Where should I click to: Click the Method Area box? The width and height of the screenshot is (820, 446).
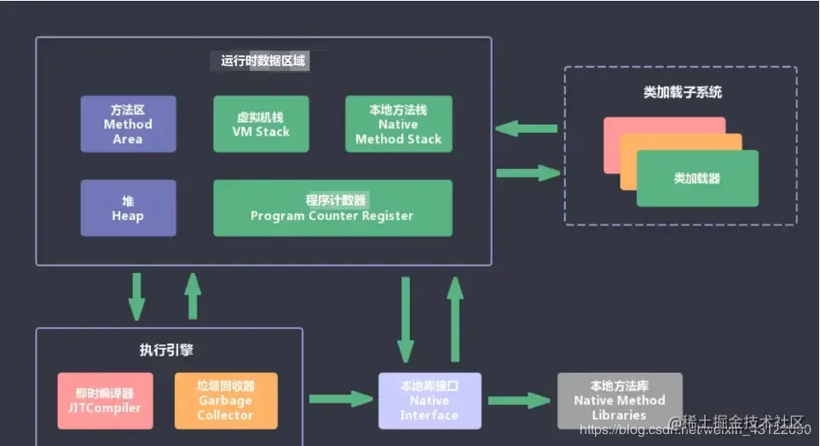pyautogui.click(x=128, y=124)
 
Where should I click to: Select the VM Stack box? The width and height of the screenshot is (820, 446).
pyautogui.click(x=261, y=124)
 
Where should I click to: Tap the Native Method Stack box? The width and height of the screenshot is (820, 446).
pyautogui.click(x=398, y=124)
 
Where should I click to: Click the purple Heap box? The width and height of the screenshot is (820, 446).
pyautogui.click(x=128, y=207)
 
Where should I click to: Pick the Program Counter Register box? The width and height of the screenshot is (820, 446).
pyautogui.click(x=332, y=207)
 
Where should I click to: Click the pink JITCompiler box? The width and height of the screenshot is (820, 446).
pyautogui.click(x=105, y=400)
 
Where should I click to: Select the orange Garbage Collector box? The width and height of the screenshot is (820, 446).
pyautogui.click(x=226, y=400)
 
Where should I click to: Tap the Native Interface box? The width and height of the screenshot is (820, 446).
pyautogui.click(x=430, y=400)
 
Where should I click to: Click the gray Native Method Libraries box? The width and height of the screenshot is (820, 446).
pyautogui.click(x=619, y=400)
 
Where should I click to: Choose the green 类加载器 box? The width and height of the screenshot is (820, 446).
pyautogui.click(x=697, y=178)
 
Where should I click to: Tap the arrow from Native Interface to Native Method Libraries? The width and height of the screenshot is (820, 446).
pyautogui.click(x=519, y=400)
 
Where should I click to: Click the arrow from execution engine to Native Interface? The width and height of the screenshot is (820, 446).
pyautogui.click(x=341, y=399)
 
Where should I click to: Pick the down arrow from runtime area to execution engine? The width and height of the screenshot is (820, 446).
pyautogui.click(x=137, y=297)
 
